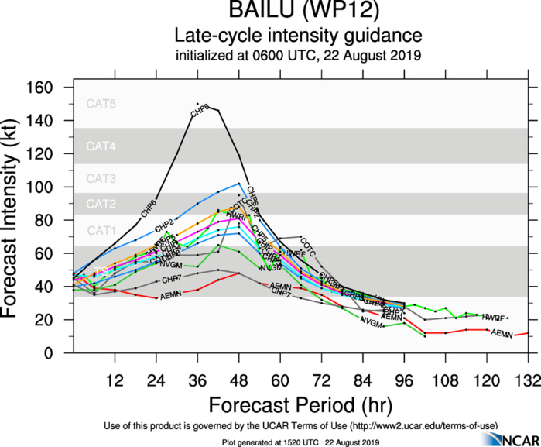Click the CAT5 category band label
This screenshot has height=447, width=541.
coord(101,104)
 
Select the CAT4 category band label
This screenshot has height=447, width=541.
coord(101,146)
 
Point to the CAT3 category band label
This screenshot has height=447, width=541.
coord(101,179)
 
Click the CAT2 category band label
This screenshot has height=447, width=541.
coord(101,204)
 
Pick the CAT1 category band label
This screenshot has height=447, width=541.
coord(101,230)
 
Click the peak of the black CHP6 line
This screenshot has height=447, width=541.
coord(198,104)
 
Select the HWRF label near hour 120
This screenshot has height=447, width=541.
coord(493,318)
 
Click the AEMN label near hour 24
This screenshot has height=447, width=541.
coord(170,297)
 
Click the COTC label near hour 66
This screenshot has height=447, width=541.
coord(308,247)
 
